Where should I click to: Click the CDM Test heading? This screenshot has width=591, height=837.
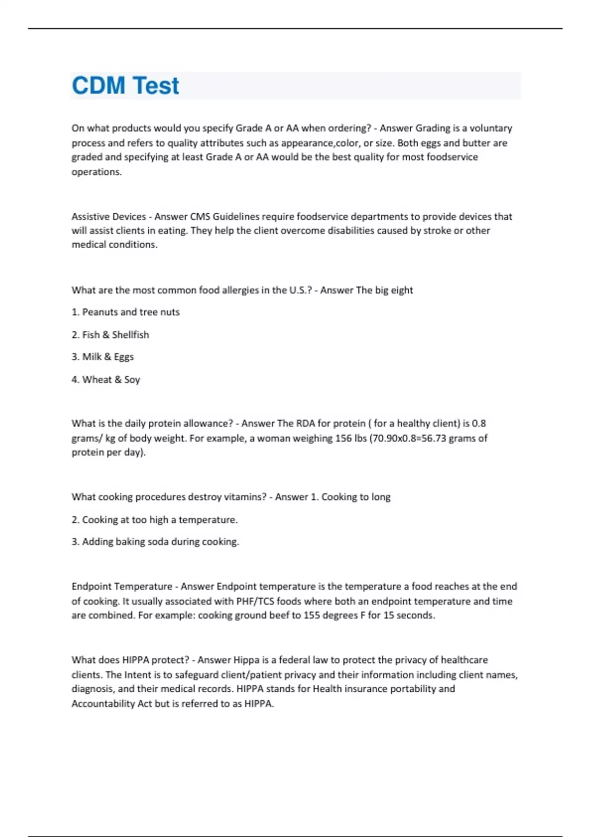coord(125,86)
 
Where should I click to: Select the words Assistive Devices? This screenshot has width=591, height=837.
coord(108,217)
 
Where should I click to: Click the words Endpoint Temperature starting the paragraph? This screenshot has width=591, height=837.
coord(122,586)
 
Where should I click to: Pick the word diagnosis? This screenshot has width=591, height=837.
coord(92,689)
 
